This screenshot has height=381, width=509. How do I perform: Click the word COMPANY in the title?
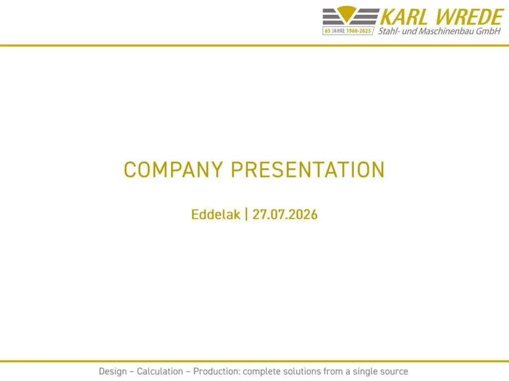pyautogui.click(x=173, y=170)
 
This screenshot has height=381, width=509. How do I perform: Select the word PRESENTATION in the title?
pyautogui.click(x=308, y=170)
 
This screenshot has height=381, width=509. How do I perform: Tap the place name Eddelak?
pyautogui.click(x=216, y=214)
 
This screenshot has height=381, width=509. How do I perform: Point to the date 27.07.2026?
pyautogui.click(x=285, y=214)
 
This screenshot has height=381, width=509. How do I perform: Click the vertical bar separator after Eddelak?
pyautogui.click(x=246, y=214)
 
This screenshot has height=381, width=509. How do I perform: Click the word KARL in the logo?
pyautogui.click(x=404, y=17)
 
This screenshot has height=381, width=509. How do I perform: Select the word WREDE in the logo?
pyautogui.click(x=469, y=17)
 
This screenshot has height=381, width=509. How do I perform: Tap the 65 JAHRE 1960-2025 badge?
pyautogui.click(x=348, y=31)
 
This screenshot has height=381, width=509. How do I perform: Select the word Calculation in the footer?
pyautogui.click(x=160, y=371)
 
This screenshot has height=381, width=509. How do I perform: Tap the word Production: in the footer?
pyautogui.click(x=217, y=371)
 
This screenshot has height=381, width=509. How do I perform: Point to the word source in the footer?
pyautogui.click(x=394, y=372)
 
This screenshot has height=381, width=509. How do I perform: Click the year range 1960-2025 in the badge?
pyautogui.click(x=359, y=31)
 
